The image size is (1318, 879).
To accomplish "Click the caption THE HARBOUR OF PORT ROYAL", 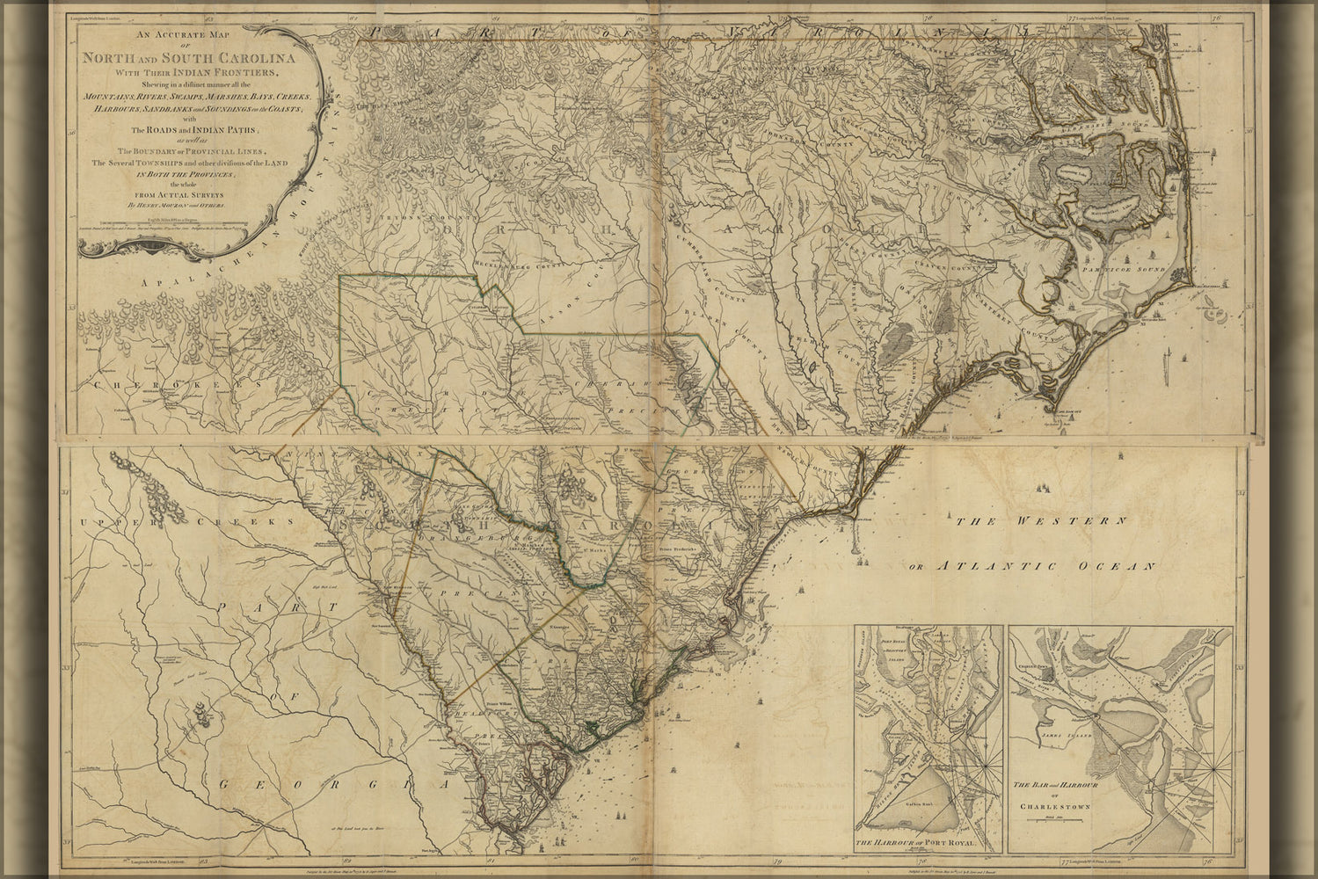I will pyautogui.click(x=927, y=845).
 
